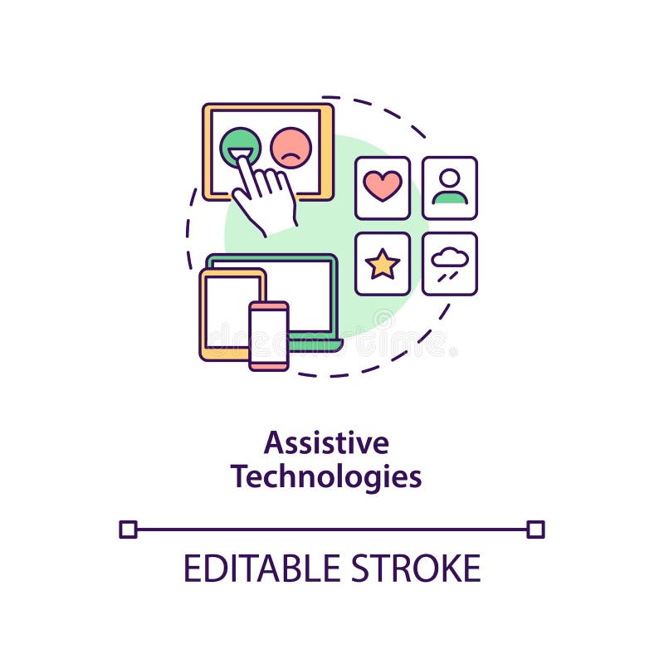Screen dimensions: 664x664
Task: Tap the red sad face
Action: tap(290, 148)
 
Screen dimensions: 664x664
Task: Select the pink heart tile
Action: tap(383, 188)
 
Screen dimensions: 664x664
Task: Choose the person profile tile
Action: tap(450, 188)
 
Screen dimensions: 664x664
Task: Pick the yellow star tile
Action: tap(383, 264)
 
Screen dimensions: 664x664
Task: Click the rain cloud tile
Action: tap(450, 264)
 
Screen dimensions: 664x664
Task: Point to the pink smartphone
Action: tap(269, 335)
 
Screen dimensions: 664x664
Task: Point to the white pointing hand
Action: tap(266, 196)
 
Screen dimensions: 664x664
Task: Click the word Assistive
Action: tap(326, 443)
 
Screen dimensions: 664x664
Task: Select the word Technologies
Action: tap(326, 477)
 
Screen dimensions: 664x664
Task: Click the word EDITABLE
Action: tap(249, 569)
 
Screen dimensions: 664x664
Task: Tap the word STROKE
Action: tap(415, 569)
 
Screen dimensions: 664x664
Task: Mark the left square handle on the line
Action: tap(128, 529)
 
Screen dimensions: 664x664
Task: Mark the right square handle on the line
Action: tap(535, 529)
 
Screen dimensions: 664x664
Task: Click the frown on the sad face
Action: tap(290, 156)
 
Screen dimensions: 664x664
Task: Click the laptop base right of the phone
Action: tap(315, 344)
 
